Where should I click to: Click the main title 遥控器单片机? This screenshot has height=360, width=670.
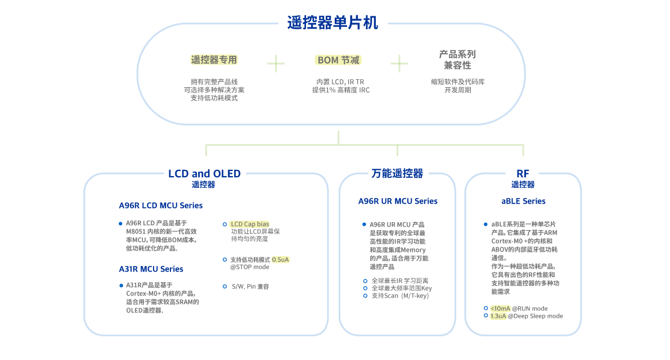pyautogui.click(x=332, y=23)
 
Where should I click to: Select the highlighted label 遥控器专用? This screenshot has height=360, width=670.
pyautogui.click(x=214, y=60)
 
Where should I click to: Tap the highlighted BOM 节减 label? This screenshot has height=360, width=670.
pyautogui.click(x=338, y=60)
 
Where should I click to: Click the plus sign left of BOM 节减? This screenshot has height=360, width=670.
pyautogui.click(x=276, y=63)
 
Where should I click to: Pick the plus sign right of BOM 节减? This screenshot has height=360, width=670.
pyautogui.click(x=399, y=63)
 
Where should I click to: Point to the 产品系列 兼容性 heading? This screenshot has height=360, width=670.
pyautogui.click(x=457, y=60)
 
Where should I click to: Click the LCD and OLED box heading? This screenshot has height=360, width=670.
pyautogui.click(x=204, y=174)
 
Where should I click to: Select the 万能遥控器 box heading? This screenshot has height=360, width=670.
pyautogui.click(x=397, y=174)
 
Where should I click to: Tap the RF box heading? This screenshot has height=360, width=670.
pyautogui.click(x=523, y=174)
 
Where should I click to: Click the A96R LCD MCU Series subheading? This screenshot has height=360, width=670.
pyautogui.click(x=160, y=205)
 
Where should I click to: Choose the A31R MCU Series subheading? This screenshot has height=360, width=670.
pyautogui.click(x=151, y=269)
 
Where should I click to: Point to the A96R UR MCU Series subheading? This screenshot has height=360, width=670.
pyautogui.click(x=398, y=201)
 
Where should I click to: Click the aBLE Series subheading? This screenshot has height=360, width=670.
pyautogui.click(x=523, y=201)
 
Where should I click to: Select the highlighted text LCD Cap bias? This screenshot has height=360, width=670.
pyautogui.click(x=249, y=224)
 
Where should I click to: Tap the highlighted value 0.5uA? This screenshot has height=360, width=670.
pyautogui.click(x=280, y=260)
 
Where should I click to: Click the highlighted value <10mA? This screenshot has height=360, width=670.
pyautogui.click(x=500, y=308)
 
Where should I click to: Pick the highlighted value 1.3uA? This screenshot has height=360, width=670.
pyautogui.click(x=498, y=316)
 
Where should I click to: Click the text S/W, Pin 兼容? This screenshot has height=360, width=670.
pyautogui.click(x=250, y=286)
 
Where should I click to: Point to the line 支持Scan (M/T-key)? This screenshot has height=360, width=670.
pyautogui.click(x=399, y=295)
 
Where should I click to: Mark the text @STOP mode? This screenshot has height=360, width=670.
pyautogui.click(x=249, y=267)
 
